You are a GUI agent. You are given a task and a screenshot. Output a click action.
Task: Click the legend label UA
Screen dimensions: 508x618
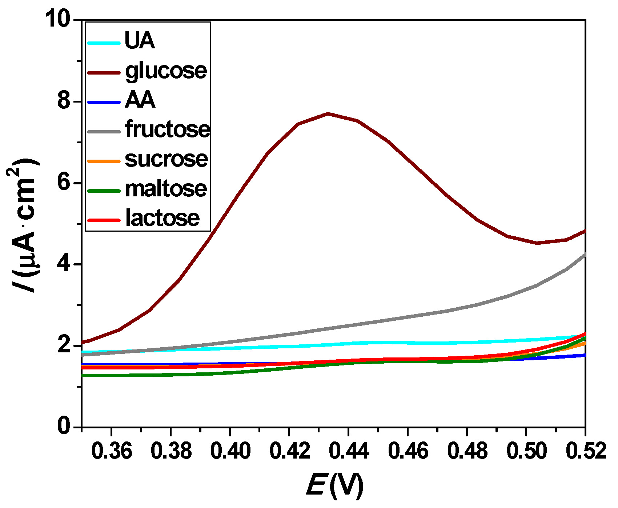coord(140,40)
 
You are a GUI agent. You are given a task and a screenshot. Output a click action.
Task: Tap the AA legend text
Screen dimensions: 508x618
coord(140,100)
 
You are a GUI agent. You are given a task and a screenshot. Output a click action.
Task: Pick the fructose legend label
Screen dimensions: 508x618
coord(167,129)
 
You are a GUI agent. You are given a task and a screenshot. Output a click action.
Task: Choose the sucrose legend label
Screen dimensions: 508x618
coord(166,159)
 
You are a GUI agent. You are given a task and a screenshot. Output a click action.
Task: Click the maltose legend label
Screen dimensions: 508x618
coord(166,189)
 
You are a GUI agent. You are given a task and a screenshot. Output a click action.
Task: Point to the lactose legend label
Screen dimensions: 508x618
coord(162,218)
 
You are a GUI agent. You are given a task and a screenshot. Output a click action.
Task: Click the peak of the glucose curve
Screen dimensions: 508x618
coord(328,113)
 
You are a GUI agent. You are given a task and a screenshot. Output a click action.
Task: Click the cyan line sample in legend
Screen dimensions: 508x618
coord(104,43)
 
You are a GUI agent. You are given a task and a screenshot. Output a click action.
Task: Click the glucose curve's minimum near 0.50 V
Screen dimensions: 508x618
coord(537,243)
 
